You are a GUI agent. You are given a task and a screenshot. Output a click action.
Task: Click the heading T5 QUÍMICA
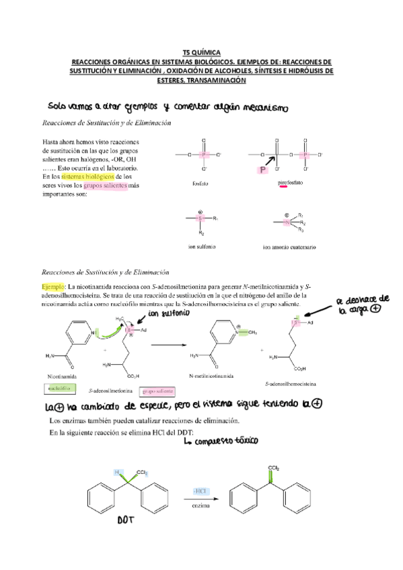point(201,52)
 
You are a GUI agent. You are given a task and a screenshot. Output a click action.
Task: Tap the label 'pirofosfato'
point(291,183)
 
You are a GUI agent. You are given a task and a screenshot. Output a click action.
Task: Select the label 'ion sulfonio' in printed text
point(201,247)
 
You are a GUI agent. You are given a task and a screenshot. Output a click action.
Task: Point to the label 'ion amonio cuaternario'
point(290,247)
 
